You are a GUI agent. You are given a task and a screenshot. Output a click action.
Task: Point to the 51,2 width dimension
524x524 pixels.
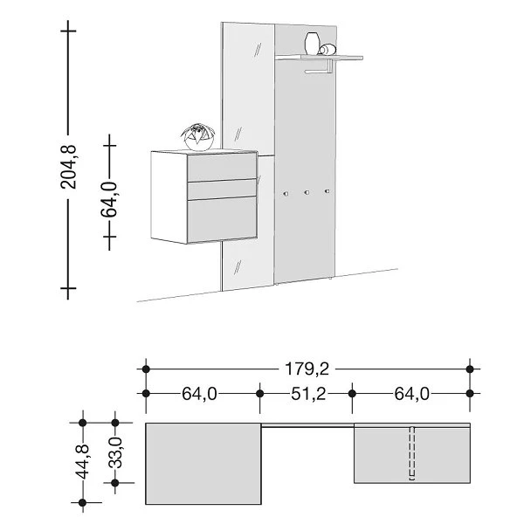coord(307,394)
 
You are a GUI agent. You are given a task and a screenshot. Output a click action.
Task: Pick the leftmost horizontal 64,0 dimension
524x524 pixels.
coord(199,394)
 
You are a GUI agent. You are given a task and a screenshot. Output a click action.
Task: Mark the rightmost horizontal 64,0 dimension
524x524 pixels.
coord(411,394)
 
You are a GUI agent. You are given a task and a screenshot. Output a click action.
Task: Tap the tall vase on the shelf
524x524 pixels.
coord(313,44)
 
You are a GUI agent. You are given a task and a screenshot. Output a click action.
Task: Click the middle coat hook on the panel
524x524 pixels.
coord(306,190)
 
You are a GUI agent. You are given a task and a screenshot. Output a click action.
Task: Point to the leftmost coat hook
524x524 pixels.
coord(285,190)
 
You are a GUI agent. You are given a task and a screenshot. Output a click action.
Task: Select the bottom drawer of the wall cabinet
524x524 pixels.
coord(224,218)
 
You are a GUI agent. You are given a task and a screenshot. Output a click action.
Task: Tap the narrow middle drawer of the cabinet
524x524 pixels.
coord(224,190)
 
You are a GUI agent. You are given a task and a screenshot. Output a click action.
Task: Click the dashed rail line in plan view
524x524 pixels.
coord(411,452)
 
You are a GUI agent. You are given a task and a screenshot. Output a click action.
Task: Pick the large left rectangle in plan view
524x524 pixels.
coord(203,463)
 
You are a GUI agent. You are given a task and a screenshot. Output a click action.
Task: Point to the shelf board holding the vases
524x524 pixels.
coord(319,58)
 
